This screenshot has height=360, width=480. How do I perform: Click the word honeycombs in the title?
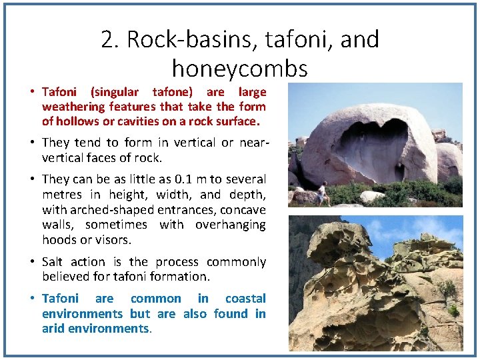tap(239, 68)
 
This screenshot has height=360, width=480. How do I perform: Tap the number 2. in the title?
tap(110, 40)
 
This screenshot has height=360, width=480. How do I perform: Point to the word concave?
tap(242, 210)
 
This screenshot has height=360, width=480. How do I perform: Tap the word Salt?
tap(55, 262)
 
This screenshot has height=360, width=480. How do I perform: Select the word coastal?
tap(245, 299)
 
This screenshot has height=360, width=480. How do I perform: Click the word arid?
tap(53, 329)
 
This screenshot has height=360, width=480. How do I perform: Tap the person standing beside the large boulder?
tap(321, 193)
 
